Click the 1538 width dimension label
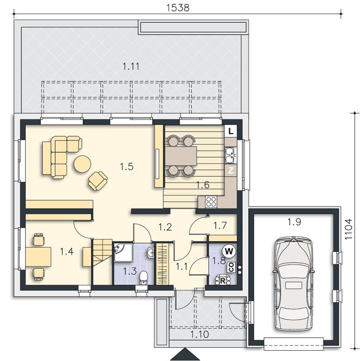pos(178,8)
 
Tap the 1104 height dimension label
pos(349,229)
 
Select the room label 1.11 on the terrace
pos(131,67)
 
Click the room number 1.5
pos(127,166)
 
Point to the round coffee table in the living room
pos(82,164)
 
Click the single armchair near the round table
pos(98,181)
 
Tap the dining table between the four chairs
pos(181,156)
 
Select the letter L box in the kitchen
pos(231,131)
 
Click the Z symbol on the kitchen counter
pos(231,170)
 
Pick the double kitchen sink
pos(231,155)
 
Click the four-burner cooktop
pos(211,202)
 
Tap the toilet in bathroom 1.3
pos(143,277)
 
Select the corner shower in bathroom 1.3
pos(123,252)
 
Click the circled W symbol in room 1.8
pos(229,251)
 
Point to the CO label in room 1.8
pos(231,267)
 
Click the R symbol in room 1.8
pos(223,281)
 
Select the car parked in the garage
pos(293,284)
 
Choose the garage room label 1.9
pos(295,222)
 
